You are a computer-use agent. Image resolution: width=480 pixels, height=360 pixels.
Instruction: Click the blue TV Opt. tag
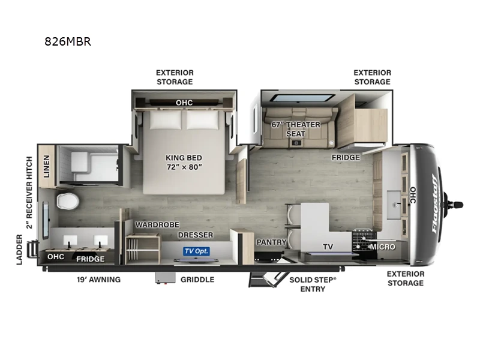(196, 251)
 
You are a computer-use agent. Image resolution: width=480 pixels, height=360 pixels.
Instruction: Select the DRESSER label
(195, 235)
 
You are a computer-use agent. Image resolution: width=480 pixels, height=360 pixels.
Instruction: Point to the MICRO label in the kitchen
(382, 247)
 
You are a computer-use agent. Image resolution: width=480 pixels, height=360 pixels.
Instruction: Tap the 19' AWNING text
(99, 280)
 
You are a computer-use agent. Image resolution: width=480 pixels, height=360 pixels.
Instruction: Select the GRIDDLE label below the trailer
(197, 280)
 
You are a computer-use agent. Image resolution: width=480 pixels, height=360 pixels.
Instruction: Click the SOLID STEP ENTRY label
(313, 284)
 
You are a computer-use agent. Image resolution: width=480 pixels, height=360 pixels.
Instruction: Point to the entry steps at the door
(268, 278)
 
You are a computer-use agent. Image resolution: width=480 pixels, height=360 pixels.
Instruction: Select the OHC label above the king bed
(184, 103)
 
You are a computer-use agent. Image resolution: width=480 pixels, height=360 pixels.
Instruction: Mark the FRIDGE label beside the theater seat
(347, 157)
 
